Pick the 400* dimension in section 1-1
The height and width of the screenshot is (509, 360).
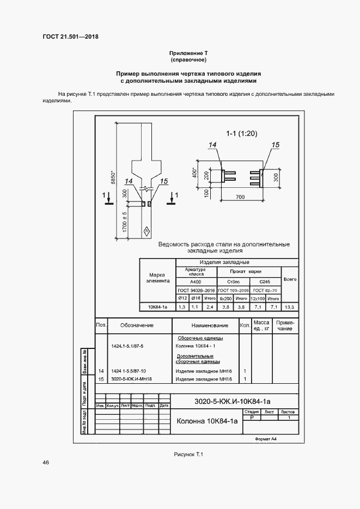point(194,173)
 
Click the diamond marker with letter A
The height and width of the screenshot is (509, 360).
point(147,231)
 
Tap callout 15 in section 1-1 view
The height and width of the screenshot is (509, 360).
point(275,145)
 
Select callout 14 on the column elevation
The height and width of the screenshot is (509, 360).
point(129,182)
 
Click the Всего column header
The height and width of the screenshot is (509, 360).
point(290,279)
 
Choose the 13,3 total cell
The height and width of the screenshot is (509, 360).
point(290,308)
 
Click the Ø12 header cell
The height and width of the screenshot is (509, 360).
point(182,298)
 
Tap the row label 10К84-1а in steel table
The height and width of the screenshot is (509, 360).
point(157,308)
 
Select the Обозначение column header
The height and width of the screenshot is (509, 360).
point(137,326)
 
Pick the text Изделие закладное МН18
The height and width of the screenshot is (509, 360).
point(204,378)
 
